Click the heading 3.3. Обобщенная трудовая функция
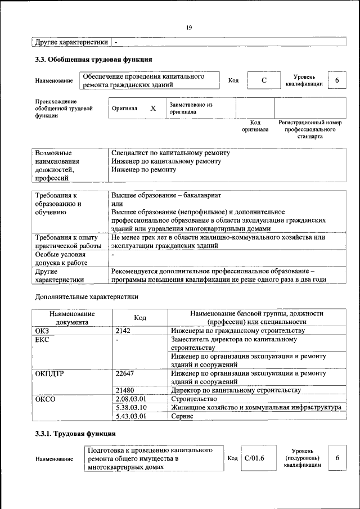click(x=93, y=59)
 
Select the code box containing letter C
click(x=263, y=81)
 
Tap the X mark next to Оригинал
click(x=152, y=108)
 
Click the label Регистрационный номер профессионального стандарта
click(x=310, y=129)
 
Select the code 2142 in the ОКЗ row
click(x=123, y=331)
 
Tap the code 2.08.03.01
click(x=130, y=398)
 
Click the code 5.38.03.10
click(x=130, y=407)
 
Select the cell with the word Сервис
click(x=182, y=416)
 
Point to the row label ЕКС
click(x=43, y=340)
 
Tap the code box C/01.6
click(x=254, y=458)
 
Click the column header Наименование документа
click(x=71, y=318)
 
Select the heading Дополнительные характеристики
click(x=87, y=296)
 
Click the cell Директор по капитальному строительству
click(x=236, y=390)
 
